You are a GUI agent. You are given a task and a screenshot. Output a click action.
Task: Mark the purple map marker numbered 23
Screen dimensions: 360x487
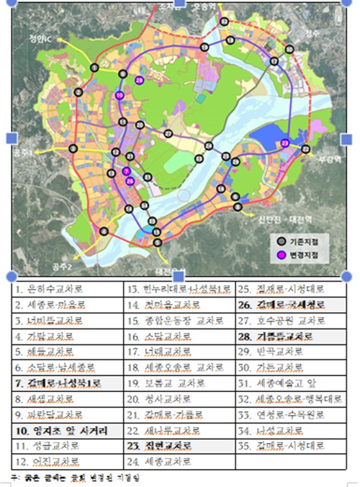pos(285,143)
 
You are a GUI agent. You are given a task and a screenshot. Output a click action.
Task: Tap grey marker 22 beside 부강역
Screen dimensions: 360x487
pos(305,149)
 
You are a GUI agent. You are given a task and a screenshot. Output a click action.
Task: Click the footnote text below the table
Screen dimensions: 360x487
pos(79,477)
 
